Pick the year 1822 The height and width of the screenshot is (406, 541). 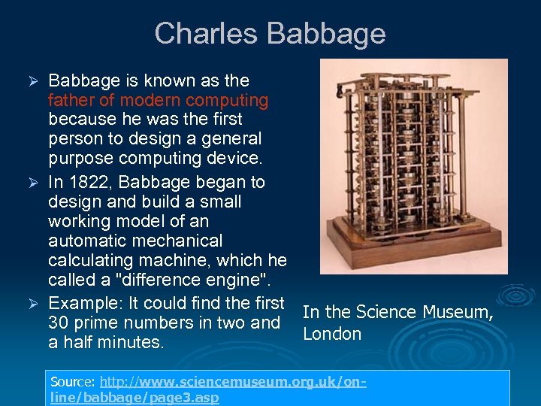(x=91, y=182)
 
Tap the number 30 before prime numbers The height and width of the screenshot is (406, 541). (x=59, y=323)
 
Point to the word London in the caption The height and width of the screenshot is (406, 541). (x=332, y=334)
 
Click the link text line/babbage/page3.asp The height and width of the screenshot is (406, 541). (x=134, y=398)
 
